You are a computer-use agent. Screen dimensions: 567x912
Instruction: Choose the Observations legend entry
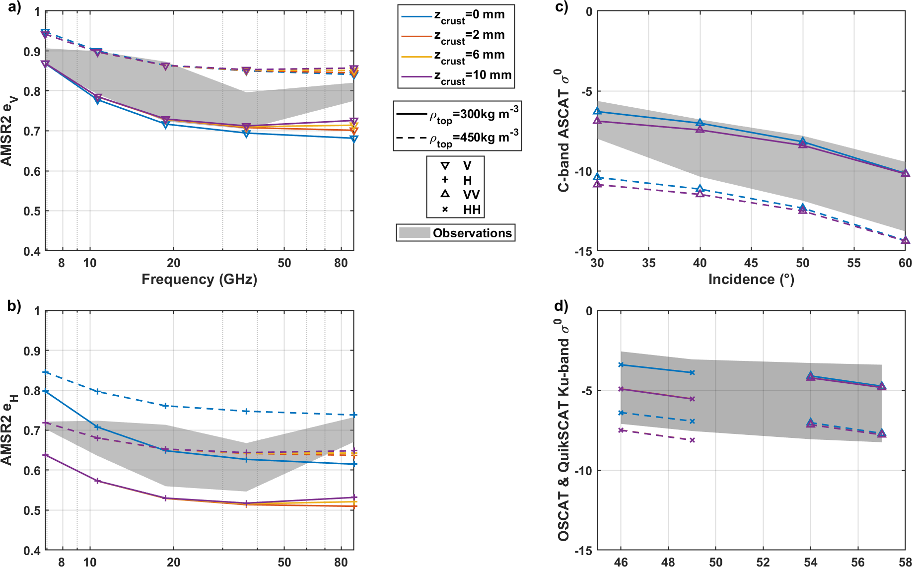pos(456,233)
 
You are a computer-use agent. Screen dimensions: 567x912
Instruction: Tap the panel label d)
pos(561,306)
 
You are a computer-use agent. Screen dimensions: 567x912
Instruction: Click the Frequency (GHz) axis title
pos(199,279)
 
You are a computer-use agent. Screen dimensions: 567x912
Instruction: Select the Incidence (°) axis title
pos(751,279)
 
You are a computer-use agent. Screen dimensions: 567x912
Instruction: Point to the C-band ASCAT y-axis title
pos(563,131)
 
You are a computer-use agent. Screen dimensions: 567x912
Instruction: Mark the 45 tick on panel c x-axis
pos(751,263)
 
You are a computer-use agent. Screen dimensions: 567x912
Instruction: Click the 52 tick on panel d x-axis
pos(763,562)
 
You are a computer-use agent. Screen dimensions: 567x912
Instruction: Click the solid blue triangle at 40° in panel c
pos(700,123)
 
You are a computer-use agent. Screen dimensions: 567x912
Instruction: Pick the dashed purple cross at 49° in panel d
pos(692,440)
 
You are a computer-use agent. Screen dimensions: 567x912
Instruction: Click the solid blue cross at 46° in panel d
pos(621,365)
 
